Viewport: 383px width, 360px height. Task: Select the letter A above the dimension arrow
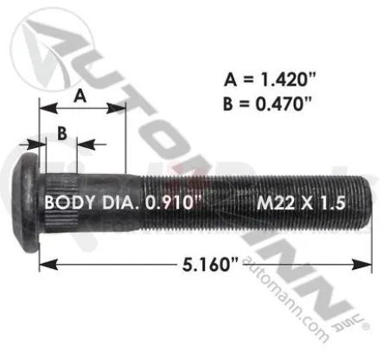pos(80,97)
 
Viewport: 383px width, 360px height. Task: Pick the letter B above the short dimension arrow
pos(61,132)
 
